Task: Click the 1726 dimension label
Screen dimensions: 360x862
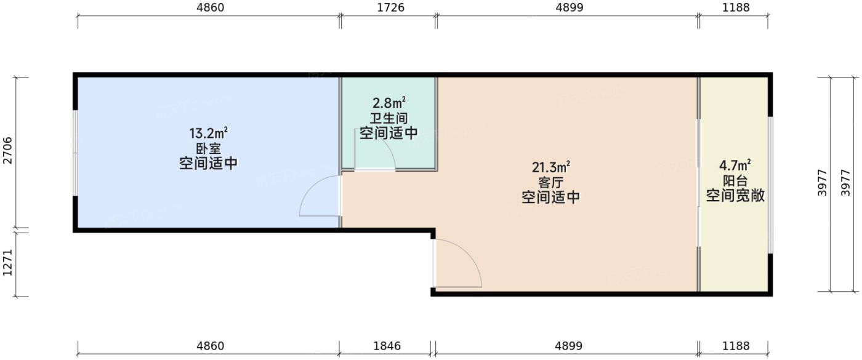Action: (x=388, y=7)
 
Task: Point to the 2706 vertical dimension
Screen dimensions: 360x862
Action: (x=7, y=152)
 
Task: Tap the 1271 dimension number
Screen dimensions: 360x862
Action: (x=7, y=263)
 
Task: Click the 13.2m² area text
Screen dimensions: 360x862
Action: (x=208, y=134)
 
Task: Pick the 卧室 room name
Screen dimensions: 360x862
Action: (x=208, y=149)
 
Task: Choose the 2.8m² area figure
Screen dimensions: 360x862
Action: (x=389, y=103)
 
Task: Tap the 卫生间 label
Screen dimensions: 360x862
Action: (x=389, y=118)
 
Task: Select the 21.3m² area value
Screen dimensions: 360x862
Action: (x=550, y=167)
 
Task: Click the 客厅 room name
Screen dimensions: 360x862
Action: (x=550, y=183)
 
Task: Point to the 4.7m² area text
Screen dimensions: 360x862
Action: (x=735, y=166)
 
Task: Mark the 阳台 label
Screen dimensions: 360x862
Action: (x=735, y=182)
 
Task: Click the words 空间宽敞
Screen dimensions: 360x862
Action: (x=735, y=196)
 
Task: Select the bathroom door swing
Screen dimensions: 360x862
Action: (x=376, y=151)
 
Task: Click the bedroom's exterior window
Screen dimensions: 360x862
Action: (x=75, y=153)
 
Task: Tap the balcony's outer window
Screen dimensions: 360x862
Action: (x=770, y=185)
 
